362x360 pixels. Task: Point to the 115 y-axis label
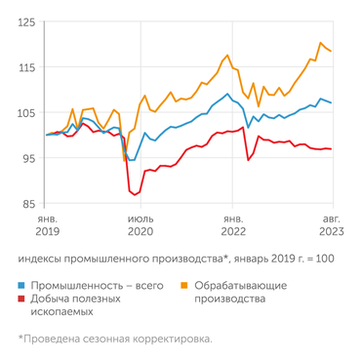tap(27, 67)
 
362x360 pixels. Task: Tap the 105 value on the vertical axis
tap(27, 113)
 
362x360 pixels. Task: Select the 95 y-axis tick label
tap(29, 159)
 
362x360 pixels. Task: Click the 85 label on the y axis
tap(29, 204)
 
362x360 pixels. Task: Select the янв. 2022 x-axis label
tap(233, 226)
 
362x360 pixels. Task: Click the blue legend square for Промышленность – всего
tap(22, 285)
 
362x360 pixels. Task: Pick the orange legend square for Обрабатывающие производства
tap(185, 285)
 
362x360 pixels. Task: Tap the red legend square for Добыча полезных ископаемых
tap(22, 299)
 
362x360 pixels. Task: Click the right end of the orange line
tap(332, 51)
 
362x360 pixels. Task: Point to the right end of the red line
tap(332, 149)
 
